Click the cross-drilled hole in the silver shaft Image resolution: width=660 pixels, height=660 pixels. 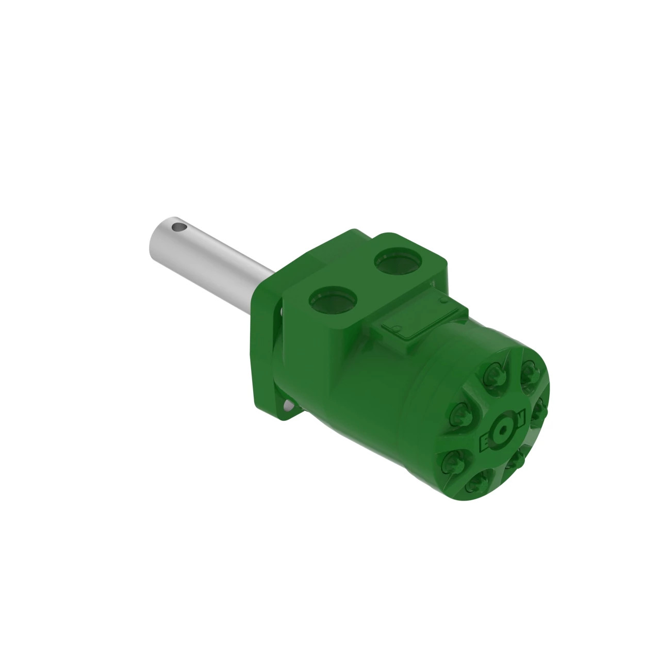coord(179,226)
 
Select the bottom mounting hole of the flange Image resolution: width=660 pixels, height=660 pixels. coord(285,407)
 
